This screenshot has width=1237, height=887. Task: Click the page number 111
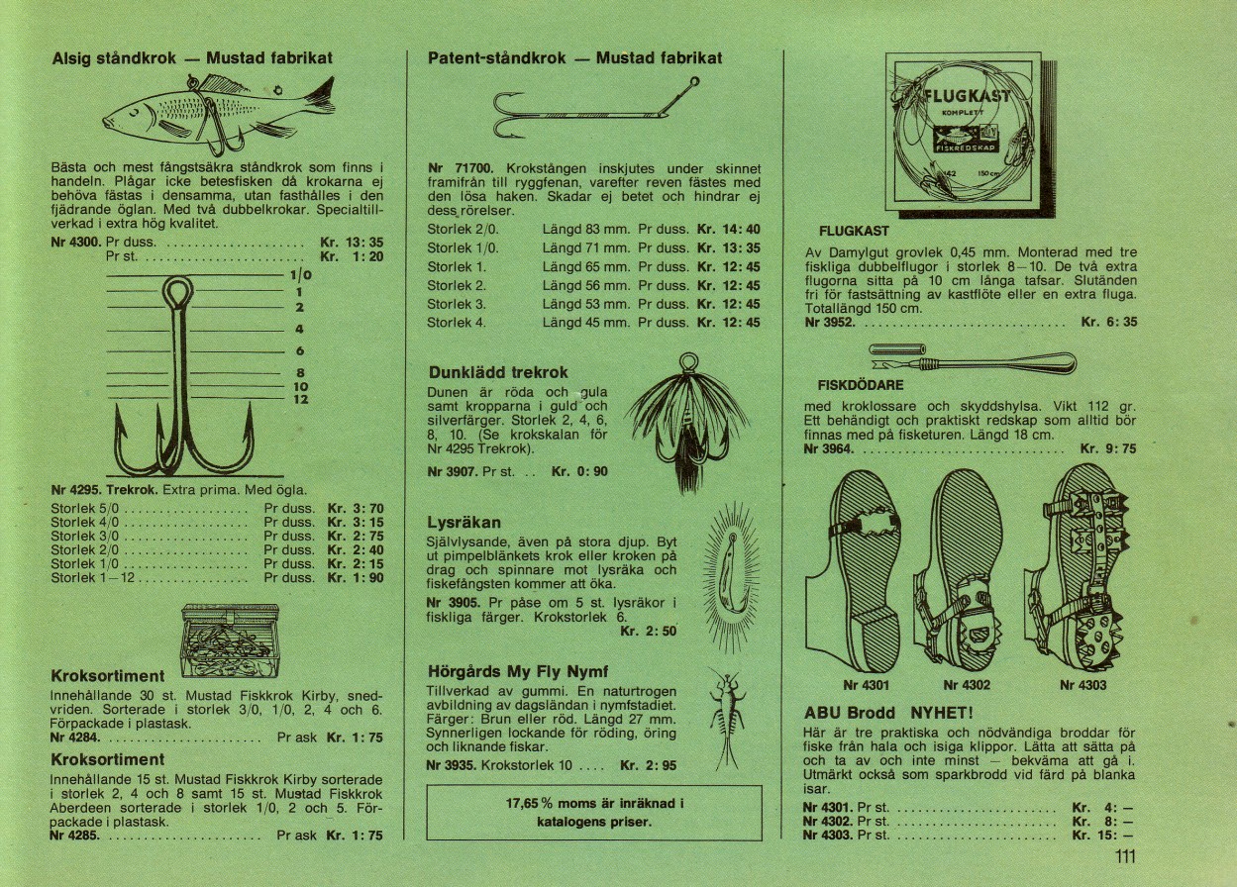(x=1122, y=857)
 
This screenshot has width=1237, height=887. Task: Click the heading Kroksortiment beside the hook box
(x=107, y=677)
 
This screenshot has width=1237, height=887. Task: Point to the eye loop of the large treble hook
(x=178, y=294)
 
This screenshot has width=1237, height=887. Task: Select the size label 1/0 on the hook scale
(x=301, y=276)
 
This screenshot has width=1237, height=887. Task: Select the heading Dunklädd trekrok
(x=498, y=373)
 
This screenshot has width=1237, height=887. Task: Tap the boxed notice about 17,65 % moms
(x=594, y=813)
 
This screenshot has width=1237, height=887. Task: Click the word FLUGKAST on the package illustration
(x=968, y=96)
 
